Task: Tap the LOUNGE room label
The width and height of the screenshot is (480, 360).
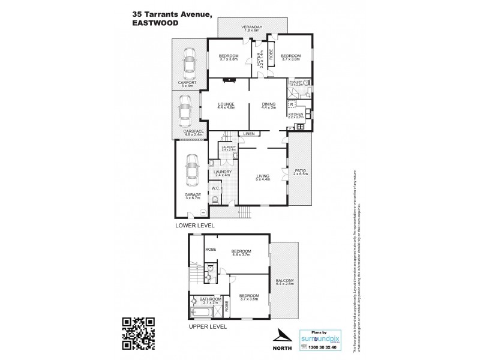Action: (x=226, y=104)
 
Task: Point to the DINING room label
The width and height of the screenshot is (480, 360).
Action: (x=269, y=104)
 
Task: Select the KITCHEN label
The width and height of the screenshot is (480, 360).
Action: (x=295, y=113)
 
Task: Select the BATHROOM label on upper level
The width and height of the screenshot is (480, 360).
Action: (x=211, y=299)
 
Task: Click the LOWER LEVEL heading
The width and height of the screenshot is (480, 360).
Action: (x=195, y=226)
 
